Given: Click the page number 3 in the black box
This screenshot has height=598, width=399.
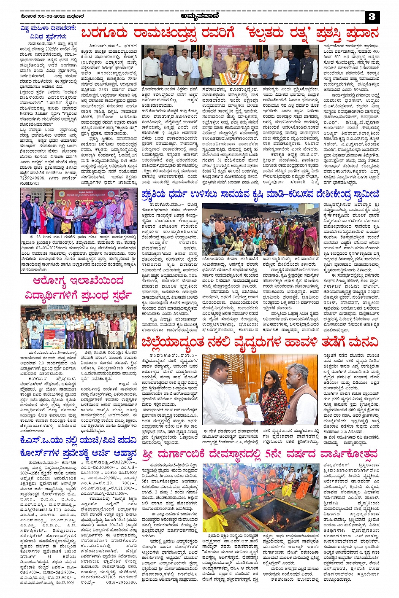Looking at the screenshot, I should pyautogui.click(x=372, y=17).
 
